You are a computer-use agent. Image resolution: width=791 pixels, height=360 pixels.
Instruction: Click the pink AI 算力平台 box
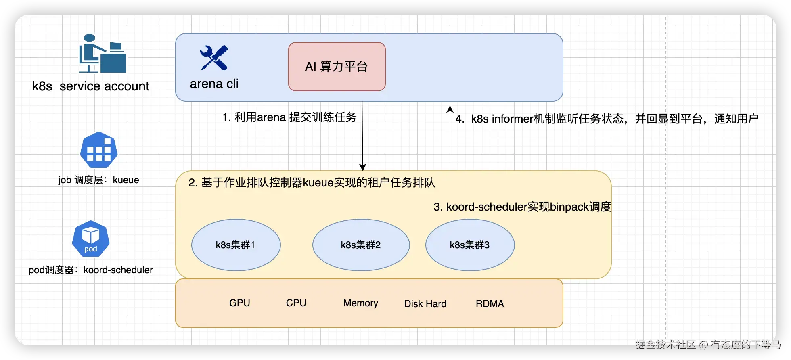pos(337,67)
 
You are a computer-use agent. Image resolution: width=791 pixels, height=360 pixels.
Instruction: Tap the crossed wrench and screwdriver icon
pos(214,58)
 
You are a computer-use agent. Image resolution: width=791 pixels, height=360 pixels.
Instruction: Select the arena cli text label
pos(214,84)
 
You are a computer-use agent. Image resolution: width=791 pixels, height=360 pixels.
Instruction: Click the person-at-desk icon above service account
pos(102,53)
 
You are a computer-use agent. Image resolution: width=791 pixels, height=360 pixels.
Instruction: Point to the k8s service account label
pos(91,86)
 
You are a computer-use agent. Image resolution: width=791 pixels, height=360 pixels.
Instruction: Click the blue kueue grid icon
pos(99,150)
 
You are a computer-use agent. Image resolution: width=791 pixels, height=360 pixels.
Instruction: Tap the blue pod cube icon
pos(91,239)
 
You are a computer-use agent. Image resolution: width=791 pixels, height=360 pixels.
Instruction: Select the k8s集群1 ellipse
pos(236,245)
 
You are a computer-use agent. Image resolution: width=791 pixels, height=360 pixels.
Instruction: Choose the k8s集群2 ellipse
pos(361,245)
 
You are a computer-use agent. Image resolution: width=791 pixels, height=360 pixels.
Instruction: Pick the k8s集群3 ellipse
pos(470,245)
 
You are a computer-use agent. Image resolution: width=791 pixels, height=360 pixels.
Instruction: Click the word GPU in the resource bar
pos(240,303)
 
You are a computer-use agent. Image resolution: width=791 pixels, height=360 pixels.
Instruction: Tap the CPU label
pos(296,303)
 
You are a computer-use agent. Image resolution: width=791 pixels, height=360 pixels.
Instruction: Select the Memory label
pos(361,303)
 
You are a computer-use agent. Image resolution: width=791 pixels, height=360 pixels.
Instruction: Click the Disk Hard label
pos(425,304)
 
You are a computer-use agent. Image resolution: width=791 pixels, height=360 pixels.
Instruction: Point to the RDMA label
pos(490,304)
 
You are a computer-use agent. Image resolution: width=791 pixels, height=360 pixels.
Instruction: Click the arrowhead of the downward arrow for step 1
pos(362,167)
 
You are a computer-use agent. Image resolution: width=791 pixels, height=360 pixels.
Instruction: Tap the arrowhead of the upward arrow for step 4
pos(450,109)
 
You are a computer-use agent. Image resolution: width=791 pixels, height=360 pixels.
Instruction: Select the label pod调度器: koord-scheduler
pos(91,270)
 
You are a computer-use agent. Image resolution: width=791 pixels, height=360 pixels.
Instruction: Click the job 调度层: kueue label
pos(99,180)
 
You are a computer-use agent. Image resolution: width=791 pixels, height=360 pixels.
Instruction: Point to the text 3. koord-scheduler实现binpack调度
pos(522,207)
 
